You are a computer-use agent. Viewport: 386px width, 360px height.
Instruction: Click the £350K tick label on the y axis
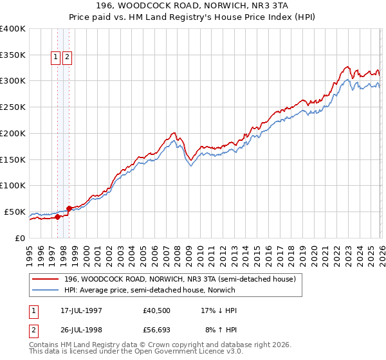(x=12, y=55)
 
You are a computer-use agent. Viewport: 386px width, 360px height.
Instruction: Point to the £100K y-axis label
(x=12, y=185)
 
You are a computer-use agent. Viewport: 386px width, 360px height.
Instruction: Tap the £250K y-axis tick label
(x=12, y=107)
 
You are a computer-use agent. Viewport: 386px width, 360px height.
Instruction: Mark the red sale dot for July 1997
(x=57, y=217)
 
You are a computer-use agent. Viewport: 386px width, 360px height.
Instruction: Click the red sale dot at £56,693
(x=69, y=208)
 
